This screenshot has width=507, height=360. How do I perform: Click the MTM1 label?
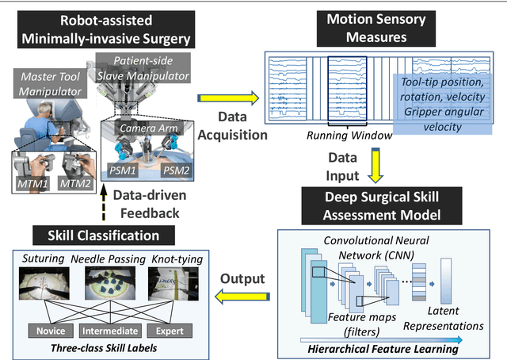(32, 184)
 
